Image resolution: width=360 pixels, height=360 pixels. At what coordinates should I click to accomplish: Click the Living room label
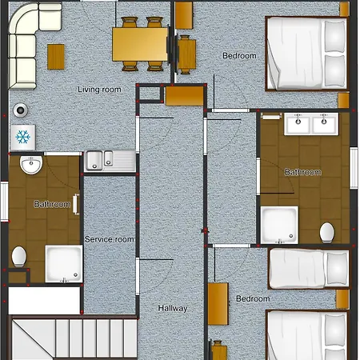pyautogui.click(x=99, y=90)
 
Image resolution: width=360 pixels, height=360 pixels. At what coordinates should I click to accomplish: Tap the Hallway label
pyautogui.click(x=173, y=308)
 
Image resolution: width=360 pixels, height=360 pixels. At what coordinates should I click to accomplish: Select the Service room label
pyautogui.click(x=110, y=239)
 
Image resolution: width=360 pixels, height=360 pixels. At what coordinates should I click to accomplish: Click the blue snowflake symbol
pyautogui.click(x=22, y=137)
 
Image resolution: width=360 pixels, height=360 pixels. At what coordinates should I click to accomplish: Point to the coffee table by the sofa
pyautogui.click(x=56, y=57)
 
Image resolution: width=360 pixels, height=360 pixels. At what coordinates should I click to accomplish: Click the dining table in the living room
pyautogui.click(x=140, y=44)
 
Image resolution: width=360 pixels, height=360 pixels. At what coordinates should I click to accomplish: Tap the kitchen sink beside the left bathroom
pyautogui.click(x=110, y=161)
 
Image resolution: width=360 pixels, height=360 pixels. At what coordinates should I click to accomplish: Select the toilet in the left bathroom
pyautogui.click(x=19, y=256)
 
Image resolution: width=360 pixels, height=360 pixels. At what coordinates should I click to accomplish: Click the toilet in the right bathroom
pyautogui.click(x=327, y=233)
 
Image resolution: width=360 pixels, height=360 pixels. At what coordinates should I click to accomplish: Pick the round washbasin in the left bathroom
pyautogui.click(x=31, y=165)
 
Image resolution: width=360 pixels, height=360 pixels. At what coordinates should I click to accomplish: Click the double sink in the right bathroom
pyautogui.click(x=311, y=124)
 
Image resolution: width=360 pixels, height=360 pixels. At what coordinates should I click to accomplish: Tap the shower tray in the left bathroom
pyautogui.click(x=64, y=264)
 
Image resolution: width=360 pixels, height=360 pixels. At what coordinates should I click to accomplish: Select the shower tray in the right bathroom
pyautogui.click(x=279, y=225)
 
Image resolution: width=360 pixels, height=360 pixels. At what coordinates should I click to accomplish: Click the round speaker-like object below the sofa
pyautogui.click(x=21, y=110)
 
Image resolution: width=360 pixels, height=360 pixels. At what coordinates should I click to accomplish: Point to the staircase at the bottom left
pyautogui.click(x=73, y=338)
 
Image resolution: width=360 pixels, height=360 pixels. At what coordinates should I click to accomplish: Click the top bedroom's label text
pyautogui.click(x=239, y=56)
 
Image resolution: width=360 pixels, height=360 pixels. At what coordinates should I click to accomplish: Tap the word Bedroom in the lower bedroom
pyautogui.click(x=253, y=298)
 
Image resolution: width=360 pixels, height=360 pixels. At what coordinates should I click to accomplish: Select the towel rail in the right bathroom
pyautogui.click(x=271, y=116)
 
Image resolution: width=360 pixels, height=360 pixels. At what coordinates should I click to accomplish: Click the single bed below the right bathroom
pyautogui.click(x=309, y=269)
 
